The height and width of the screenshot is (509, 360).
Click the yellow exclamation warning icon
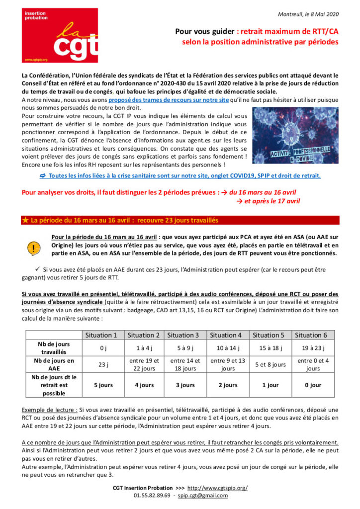[33, 247]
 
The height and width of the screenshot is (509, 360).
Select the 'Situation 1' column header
[101, 335]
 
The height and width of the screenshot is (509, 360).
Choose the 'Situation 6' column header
[313, 335]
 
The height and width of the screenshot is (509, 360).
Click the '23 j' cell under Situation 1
[101, 364]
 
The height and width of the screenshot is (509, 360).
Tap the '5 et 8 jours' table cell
[270, 364]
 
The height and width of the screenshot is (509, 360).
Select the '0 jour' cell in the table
[313, 385]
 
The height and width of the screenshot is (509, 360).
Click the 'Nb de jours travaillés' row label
[54, 347]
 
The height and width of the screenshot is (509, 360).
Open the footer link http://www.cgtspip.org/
[219, 488]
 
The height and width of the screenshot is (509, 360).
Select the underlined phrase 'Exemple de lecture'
[48, 410]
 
